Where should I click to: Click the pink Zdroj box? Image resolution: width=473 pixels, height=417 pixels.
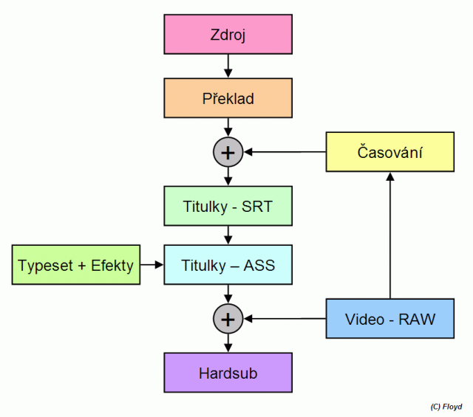point(228,35)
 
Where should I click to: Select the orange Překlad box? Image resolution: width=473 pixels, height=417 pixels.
point(228,98)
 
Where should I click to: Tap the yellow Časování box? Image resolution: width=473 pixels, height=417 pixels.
point(389,153)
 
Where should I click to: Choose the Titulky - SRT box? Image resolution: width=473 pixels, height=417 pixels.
point(228,206)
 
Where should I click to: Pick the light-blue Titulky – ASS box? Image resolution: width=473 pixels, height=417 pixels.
point(228,264)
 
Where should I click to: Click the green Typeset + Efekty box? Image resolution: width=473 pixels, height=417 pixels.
point(75,265)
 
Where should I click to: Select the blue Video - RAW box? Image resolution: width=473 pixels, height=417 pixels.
point(389,319)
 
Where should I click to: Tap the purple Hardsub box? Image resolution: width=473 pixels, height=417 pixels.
point(228,373)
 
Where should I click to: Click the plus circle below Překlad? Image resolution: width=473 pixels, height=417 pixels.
point(228,153)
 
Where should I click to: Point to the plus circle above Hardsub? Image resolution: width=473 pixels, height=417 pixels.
point(228,319)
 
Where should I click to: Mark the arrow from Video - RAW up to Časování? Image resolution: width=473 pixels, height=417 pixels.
point(389,236)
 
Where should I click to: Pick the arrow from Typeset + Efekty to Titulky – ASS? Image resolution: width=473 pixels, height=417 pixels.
point(151,264)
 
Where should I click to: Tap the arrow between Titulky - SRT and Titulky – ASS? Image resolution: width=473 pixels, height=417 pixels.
point(228,235)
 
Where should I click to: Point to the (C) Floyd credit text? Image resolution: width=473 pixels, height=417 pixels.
point(446,407)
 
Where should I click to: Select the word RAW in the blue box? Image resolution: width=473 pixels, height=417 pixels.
point(417,319)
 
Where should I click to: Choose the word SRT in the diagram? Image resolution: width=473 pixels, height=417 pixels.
point(256,206)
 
